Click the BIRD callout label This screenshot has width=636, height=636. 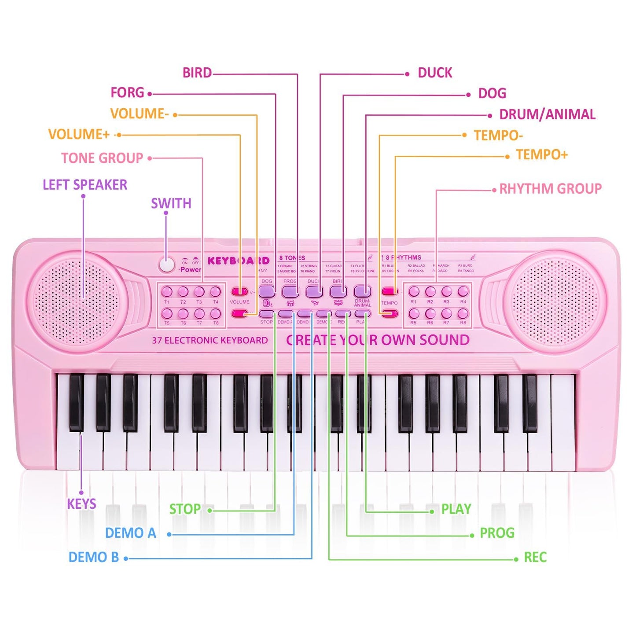(197, 73)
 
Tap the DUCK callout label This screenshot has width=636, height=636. (435, 73)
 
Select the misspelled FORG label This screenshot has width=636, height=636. (127, 93)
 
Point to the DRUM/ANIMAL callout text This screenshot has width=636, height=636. (547, 114)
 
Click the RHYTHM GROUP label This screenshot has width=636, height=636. (550, 189)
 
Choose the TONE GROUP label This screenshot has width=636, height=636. (102, 158)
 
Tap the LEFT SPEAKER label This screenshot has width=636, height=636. (85, 185)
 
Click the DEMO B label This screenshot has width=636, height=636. (94, 557)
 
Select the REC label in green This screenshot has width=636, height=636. (535, 558)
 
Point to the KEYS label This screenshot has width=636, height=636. (81, 504)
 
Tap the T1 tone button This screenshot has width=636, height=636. (167, 291)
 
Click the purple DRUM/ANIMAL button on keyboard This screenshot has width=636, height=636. (362, 291)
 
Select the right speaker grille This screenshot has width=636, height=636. (555, 301)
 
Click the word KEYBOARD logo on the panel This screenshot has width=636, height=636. (238, 261)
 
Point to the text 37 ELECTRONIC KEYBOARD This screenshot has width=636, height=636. (210, 340)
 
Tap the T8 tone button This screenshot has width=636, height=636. (216, 313)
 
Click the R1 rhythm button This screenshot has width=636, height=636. (414, 291)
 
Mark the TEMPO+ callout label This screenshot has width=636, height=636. (542, 155)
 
